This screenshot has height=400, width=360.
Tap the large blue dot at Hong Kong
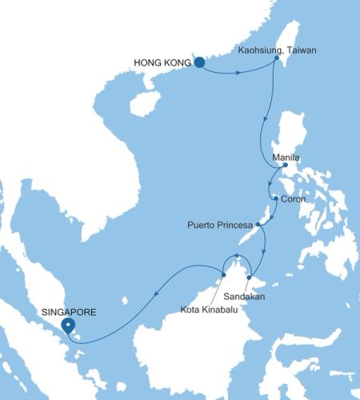point(198,61)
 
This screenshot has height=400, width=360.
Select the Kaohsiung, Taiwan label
point(278,50)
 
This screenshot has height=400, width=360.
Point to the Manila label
point(286,158)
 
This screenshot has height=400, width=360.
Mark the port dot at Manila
point(285,166)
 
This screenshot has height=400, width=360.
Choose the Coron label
point(293,199)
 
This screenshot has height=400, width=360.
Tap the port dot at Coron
point(274,198)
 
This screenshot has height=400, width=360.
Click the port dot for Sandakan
point(250,278)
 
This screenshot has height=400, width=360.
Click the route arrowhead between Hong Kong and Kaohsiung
point(239,74)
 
